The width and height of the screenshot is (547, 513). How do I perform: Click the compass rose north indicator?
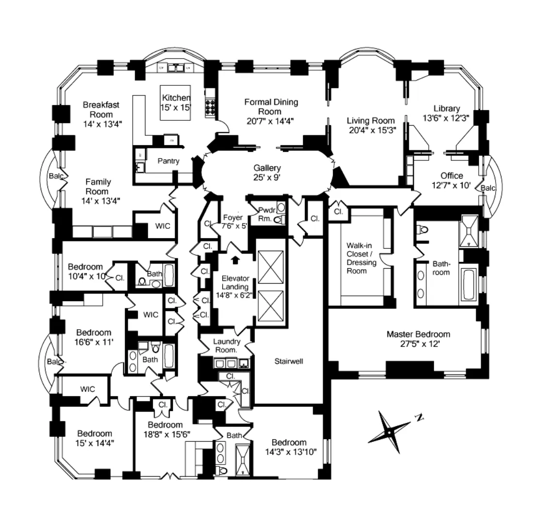coord(420,417)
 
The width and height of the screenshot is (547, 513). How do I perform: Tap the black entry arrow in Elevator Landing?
coord(235,260)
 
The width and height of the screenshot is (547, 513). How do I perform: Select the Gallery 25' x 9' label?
coord(267,173)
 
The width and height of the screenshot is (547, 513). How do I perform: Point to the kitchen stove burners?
coord(211,107)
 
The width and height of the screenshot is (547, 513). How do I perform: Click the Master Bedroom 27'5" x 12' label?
coord(418,339)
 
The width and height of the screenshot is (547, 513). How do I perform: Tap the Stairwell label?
coord(289,361)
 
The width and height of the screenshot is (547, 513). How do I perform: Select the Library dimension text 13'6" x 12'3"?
coord(446,117)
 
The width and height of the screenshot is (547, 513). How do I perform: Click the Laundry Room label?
coord(226,345)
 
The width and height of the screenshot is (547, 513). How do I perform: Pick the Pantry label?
coord(168,161)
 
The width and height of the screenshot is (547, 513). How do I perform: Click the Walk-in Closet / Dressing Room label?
coord(360,258)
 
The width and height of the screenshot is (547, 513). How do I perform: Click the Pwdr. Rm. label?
coord(266,214)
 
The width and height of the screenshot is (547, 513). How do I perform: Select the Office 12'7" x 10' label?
coord(452,180)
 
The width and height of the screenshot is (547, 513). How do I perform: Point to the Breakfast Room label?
coord(101,109)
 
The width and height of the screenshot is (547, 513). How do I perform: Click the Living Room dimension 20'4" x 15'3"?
coord(372,129)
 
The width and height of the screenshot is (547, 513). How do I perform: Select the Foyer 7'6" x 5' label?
coord(235,222)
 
